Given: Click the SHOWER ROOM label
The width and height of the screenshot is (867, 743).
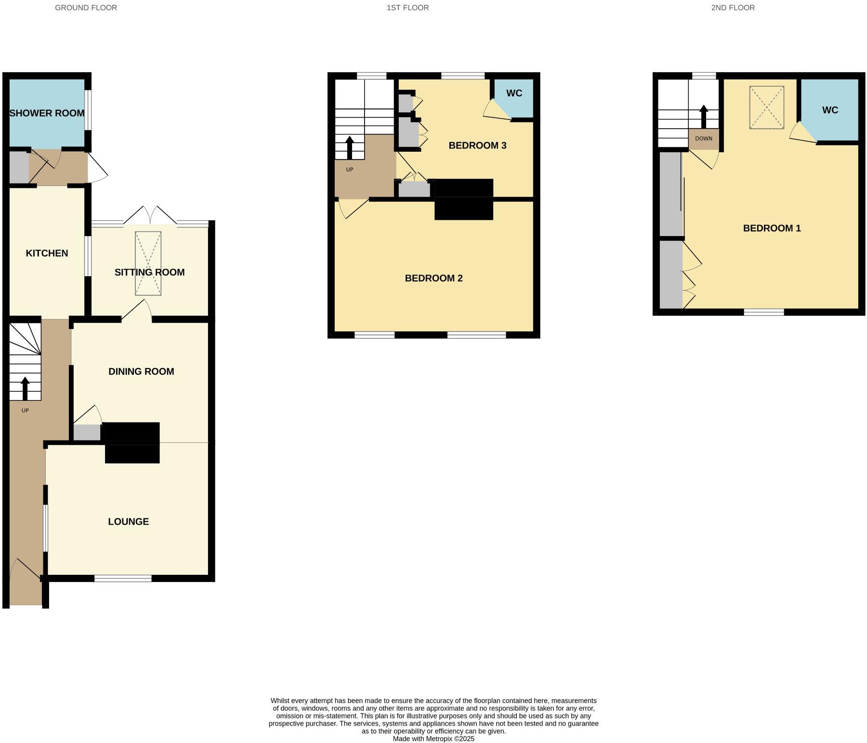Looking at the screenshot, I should pos(47,113).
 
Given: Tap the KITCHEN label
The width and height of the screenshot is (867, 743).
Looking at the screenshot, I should pos(47,253).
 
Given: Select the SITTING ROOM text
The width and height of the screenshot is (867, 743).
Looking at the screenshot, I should pos(149,272).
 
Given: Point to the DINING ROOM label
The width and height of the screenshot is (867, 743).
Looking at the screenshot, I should pos(141,371).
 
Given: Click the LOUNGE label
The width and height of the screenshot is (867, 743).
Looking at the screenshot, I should pos(128,522).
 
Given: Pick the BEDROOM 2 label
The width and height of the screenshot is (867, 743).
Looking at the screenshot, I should pos(433,279).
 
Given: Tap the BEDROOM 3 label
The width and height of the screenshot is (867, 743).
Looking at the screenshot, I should pos(477,146).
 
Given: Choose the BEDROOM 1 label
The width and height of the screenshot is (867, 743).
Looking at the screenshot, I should pos(772,228).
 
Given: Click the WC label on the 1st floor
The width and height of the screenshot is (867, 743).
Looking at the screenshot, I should pos(514,93).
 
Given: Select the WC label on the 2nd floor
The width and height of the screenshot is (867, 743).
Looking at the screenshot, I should pos(830,110).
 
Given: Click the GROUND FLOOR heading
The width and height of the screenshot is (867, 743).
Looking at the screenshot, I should pos(86,8).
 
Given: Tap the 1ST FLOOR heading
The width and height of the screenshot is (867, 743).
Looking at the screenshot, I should pos(407,8).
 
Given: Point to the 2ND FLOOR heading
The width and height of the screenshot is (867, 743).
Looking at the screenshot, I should pos(733,8).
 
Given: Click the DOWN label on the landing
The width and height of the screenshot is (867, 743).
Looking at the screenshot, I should pos(703,139).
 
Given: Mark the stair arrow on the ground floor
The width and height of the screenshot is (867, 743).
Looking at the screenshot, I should pos(25,388).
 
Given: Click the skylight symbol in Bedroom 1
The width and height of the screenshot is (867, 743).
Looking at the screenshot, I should pos(766,107).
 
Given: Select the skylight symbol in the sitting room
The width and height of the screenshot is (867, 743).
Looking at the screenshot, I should pos(148,263).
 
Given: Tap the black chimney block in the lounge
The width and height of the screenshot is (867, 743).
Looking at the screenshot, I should pos(132,453).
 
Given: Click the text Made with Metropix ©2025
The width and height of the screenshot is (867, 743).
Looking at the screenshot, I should pos(433,739).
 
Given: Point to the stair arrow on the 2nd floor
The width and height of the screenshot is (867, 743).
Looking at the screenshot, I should pos(703,116).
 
